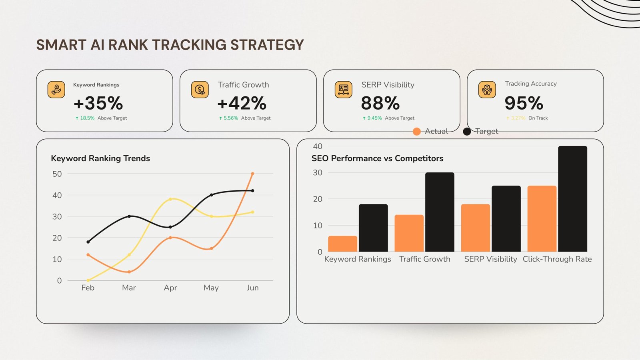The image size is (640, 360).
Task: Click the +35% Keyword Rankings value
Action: tap(98, 103)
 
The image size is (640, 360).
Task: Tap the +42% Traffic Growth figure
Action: tap(242, 103)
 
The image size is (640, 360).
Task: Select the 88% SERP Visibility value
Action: tap(380, 103)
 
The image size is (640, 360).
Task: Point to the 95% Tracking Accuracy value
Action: tap(524, 103)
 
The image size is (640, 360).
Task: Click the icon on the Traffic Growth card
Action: tap(200, 90)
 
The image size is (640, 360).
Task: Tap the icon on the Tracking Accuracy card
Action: tap(487, 90)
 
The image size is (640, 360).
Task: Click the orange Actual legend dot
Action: tap(416, 132)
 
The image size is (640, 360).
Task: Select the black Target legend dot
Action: tap(467, 132)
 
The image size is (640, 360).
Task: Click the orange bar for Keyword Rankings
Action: tap(342, 244)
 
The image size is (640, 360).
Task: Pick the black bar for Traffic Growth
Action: tap(440, 212)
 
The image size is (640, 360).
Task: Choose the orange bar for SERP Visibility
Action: tap(475, 228)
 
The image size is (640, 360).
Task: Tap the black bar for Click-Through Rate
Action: tap(572, 199)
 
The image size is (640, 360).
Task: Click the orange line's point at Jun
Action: tap(252, 174)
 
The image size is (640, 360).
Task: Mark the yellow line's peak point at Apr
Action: tap(170, 199)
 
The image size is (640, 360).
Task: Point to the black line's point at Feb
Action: tap(88, 242)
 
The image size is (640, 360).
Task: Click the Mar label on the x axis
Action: tap(129, 288)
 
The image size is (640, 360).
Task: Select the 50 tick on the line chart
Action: tap(57, 174)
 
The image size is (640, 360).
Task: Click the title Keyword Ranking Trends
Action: tap(100, 158)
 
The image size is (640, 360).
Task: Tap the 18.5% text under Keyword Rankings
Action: tap(87, 118)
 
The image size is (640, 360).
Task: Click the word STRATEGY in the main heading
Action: tap(267, 45)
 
